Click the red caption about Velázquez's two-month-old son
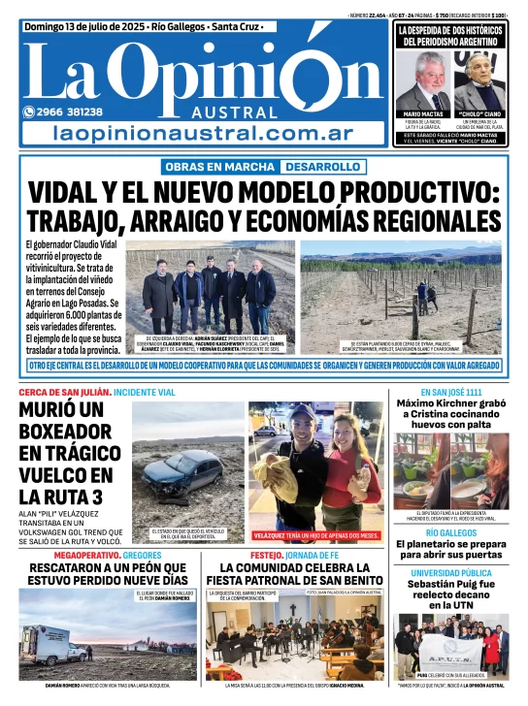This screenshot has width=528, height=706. coord(316,535)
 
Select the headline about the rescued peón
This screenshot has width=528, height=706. coord(107,574)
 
